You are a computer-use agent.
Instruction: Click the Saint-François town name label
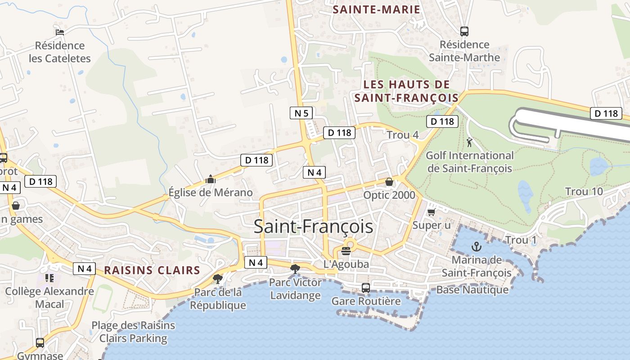click(x=313, y=226)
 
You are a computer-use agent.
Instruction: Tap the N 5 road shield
click(x=301, y=113)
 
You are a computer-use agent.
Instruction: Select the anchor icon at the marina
click(x=476, y=247)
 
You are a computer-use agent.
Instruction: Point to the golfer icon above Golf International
click(x=470, y=143)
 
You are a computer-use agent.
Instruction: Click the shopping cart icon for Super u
click(x=431, y=211)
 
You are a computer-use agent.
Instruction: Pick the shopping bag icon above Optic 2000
click(x=389, y=182)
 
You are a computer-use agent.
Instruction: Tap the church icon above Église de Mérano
click(x=210, y=180)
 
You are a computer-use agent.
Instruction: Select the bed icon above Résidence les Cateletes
click(x=60, y=32)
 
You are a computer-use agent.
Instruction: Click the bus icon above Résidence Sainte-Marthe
click(x=464, y=31)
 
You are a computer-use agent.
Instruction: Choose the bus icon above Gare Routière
click(x=366, y=288)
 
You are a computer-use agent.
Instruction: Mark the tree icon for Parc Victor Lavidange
click(x=295, y=269)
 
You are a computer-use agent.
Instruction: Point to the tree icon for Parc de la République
click(x=218, y=279)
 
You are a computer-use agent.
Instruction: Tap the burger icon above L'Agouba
click(x=346, y=251)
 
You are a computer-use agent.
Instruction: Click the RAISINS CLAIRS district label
click(x=152, y=270)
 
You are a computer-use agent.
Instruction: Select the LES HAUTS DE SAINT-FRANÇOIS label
click(x=406, y=91)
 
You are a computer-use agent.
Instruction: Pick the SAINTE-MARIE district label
click(x=376, y=9)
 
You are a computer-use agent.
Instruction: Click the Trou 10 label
click(x=584, y=192)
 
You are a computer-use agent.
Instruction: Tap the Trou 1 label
click(x=521, y=240)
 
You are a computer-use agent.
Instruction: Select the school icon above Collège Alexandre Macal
click(x=49, y=278)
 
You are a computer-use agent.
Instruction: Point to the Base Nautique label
click(x=472, y=290)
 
